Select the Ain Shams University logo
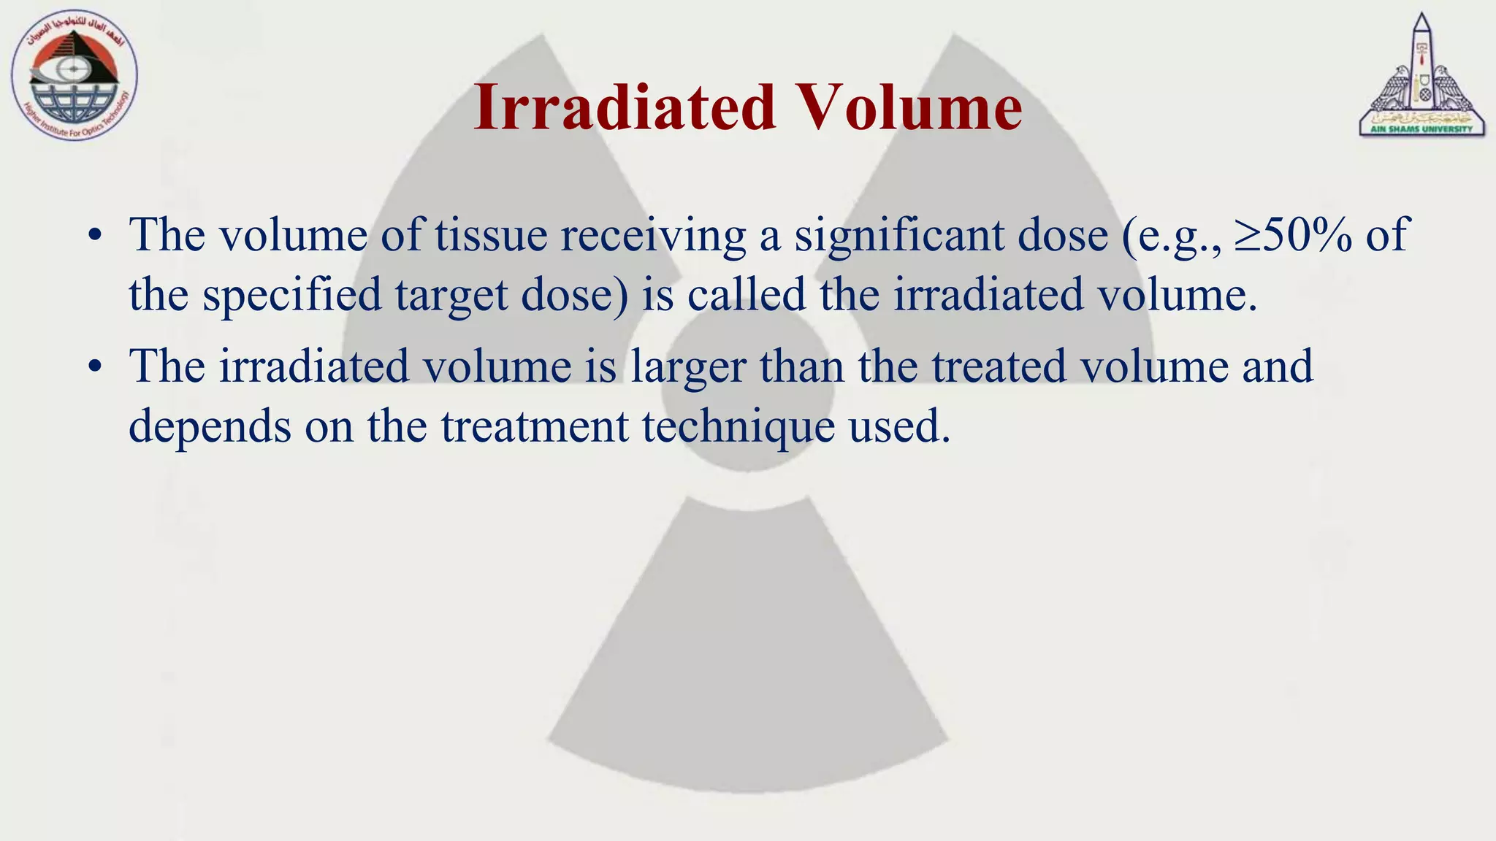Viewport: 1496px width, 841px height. pos(1421,77)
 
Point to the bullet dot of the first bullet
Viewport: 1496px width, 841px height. pos(93,236)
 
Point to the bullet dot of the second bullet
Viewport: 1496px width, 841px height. pos(93,367)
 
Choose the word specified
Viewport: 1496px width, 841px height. pos(292,296)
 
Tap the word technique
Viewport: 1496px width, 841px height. pos(739,427)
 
